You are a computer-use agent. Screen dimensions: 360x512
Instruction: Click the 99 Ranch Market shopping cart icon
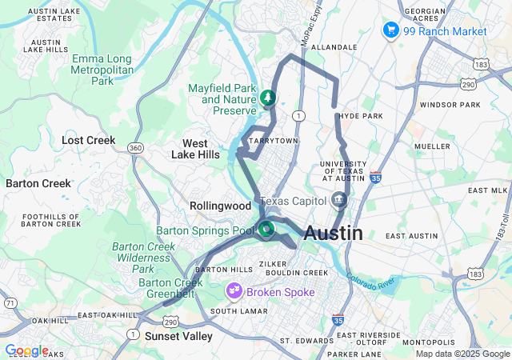(x=391, y=30)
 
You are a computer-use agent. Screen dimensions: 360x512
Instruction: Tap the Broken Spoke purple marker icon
(x=235, y=291)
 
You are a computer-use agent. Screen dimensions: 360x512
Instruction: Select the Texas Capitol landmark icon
(x=338, y=199)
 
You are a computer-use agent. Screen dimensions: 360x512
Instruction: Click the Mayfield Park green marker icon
(x=267, y=98)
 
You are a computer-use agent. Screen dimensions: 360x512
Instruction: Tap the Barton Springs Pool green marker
(x=266, y=230)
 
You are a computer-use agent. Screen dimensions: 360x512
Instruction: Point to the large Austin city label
(x=334, y=234)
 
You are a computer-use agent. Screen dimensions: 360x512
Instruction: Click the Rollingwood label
(x=221, y=206)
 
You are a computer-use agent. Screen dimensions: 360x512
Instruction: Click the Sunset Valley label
(x=178, y=336)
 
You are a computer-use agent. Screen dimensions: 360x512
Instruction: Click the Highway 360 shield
(x=136, y=147)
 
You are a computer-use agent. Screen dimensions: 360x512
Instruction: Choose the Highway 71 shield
(x=9, y=302)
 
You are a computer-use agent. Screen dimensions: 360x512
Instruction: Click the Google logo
(x=26, y=350)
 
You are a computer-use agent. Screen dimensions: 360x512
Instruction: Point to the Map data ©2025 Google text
(x=462, y=354)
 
